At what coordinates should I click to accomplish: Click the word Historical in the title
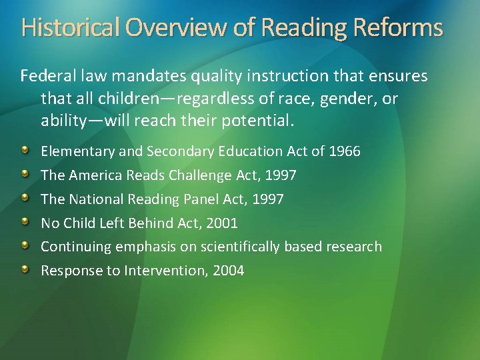point(69,28)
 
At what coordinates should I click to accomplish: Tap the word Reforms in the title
point(399,28)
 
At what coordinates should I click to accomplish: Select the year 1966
point(345,151)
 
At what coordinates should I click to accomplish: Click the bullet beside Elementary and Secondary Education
point(25,150)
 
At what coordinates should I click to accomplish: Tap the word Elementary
point(78,151)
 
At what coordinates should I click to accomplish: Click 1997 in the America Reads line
point(280,175)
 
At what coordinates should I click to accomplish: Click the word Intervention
point(167,271)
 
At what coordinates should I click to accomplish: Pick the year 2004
point(228,271)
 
